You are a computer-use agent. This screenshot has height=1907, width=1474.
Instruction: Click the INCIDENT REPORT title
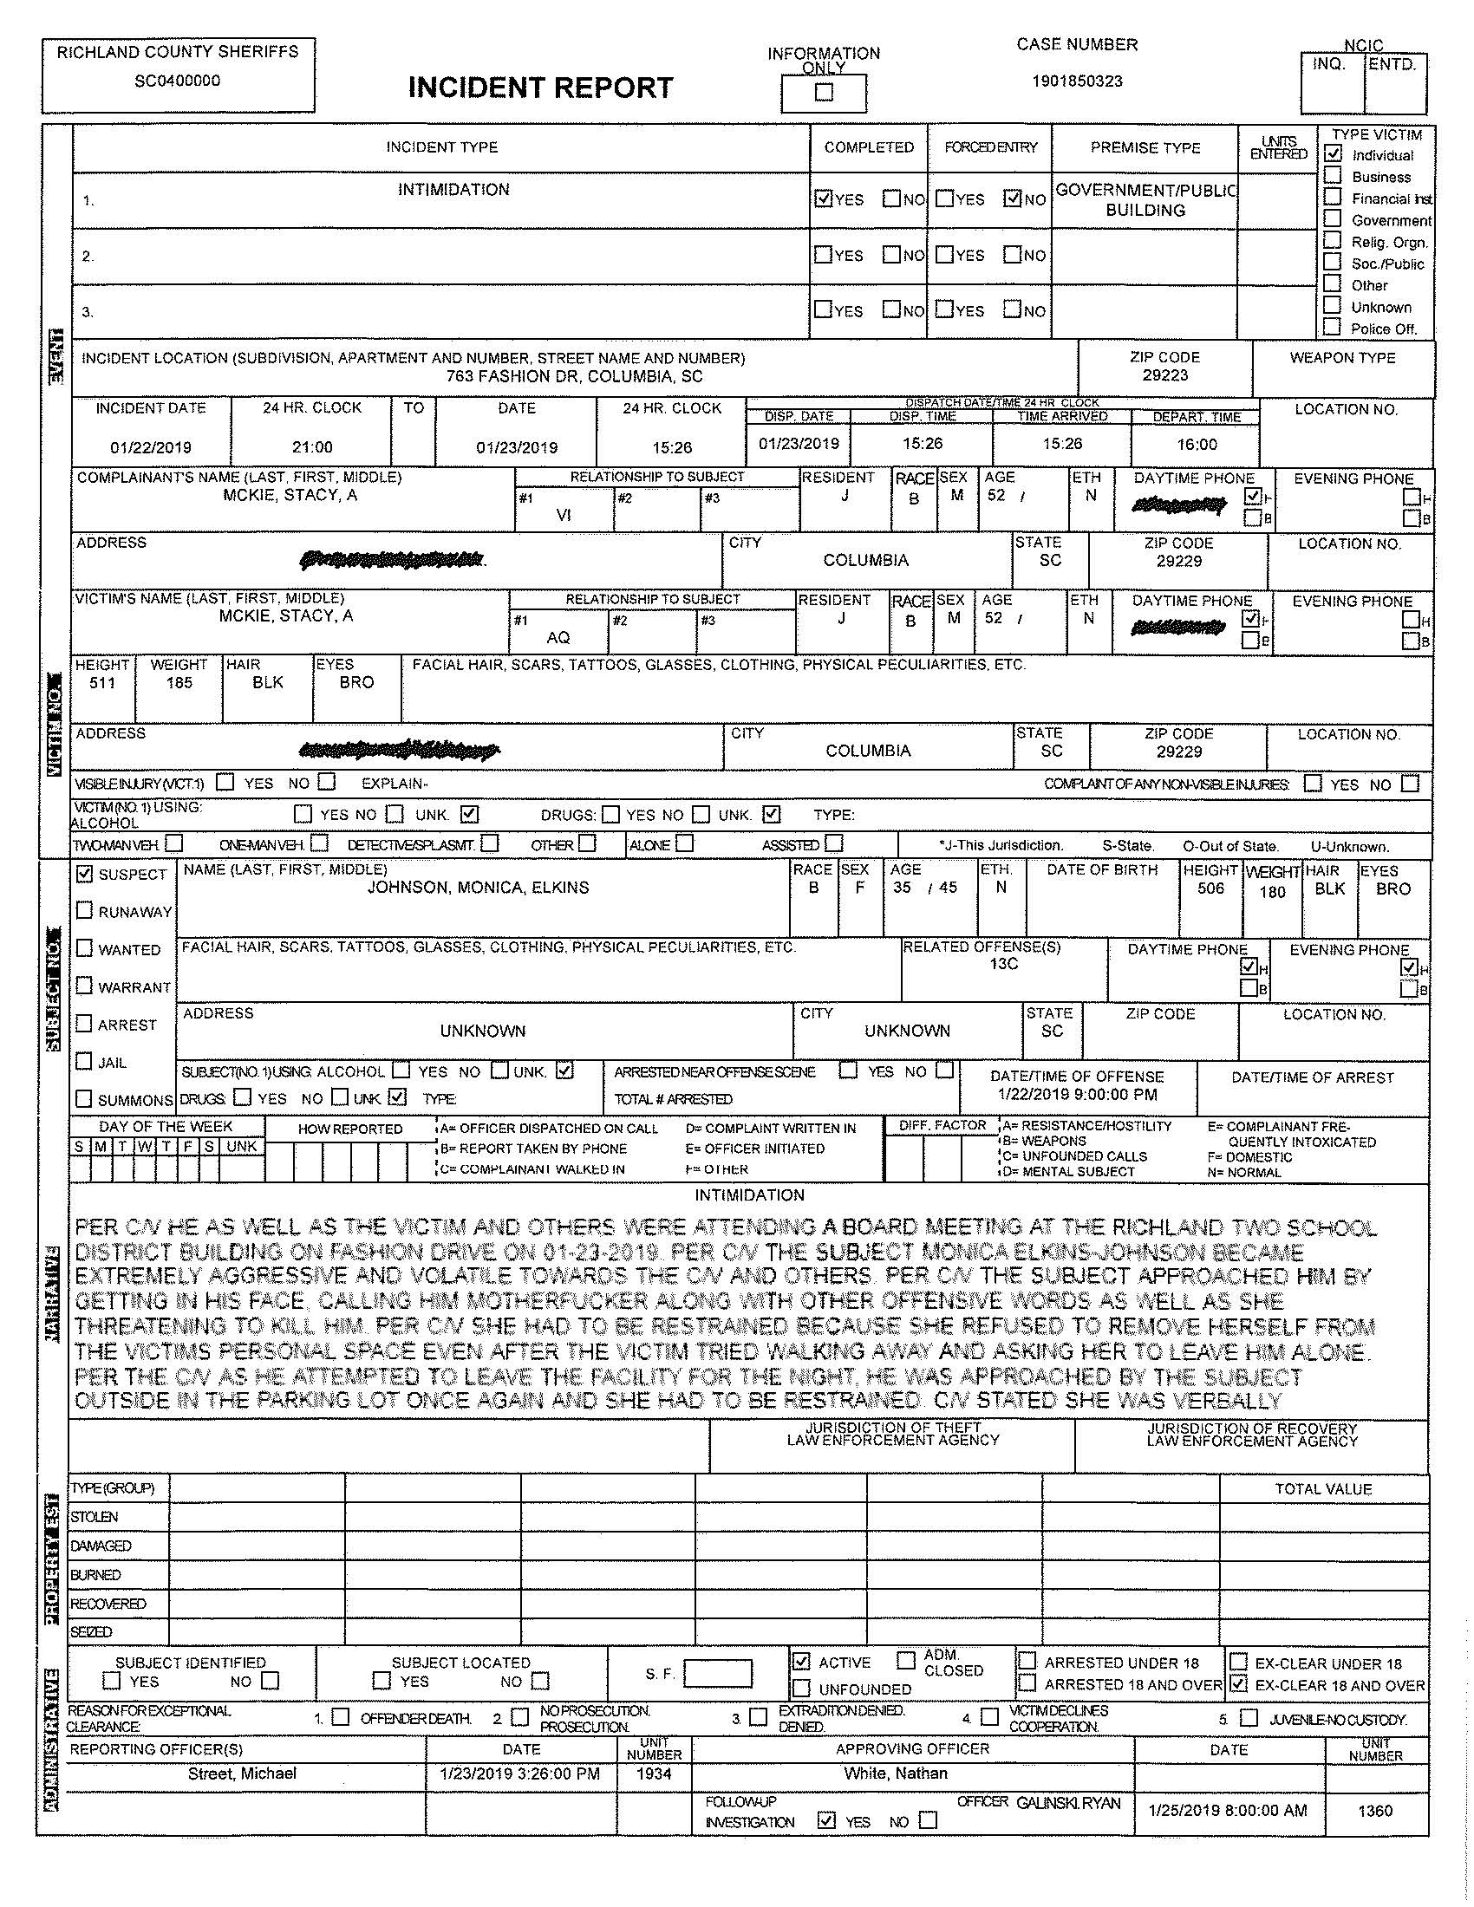click(x=540, y=88)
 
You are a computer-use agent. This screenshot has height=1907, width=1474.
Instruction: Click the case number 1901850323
click(x=1077, y=81)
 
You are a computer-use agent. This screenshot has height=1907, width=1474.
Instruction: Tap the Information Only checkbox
click(x=824, y=92)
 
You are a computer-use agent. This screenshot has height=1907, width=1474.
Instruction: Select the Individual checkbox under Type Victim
click(x=1333, y=153)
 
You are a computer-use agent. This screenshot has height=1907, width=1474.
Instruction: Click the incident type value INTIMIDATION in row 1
click(x=453, y=190)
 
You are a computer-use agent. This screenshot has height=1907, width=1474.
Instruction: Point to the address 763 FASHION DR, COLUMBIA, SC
click(x=574, y=376)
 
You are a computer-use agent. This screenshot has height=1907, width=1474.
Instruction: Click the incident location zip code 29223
click(x=1164, y=374)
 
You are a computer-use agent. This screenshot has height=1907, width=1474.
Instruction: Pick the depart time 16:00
click(x=1197, y=445)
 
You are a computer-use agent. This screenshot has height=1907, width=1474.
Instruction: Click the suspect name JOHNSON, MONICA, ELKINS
click(x=478, y=887)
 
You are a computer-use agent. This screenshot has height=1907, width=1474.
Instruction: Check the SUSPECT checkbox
click(x=85, y=873)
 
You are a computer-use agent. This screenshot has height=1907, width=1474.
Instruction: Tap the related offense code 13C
click(x=1004, y=963)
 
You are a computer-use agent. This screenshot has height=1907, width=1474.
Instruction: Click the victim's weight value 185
click(x=179, y=682)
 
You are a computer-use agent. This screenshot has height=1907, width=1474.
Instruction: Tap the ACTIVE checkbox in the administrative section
click(x=802, y=1661)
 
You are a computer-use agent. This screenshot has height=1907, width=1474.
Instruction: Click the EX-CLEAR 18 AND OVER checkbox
click(x=1238, y=1683)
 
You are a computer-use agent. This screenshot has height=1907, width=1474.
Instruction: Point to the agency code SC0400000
click(x=177, y=81)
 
